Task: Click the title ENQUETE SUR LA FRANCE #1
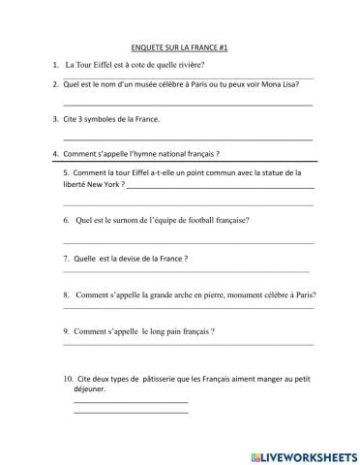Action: point(179,46)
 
